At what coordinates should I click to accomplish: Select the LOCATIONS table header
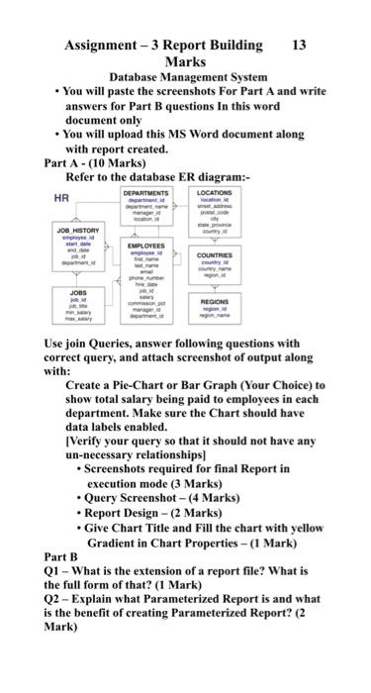click(x=215, y=192)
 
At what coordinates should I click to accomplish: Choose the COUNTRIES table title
click(x=215, y=253)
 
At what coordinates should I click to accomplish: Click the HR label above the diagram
click(x=61, y=198)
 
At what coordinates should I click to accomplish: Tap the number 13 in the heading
click(x=301, y=45)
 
